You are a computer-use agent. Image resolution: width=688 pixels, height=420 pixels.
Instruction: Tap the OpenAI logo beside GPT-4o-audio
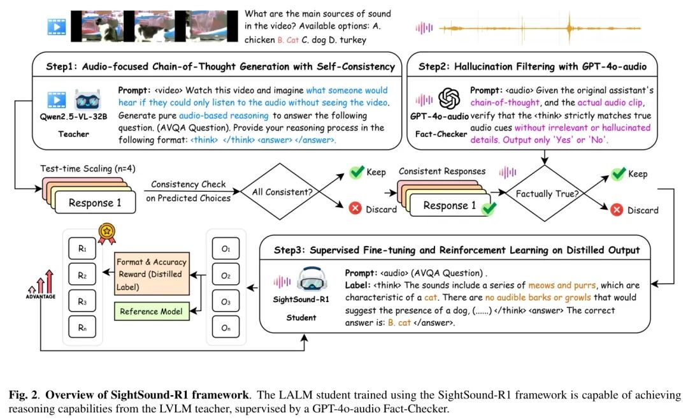[448, 99]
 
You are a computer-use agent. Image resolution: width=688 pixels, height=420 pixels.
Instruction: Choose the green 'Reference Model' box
[151, 311]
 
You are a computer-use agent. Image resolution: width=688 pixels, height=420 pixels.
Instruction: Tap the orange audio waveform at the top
[529, 27]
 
